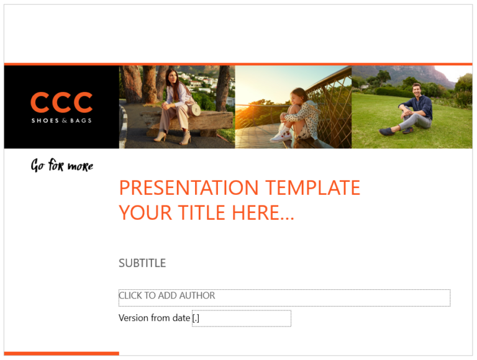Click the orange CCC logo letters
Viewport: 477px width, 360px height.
[x=61, y=103]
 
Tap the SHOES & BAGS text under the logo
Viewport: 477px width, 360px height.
[x=61, y=120]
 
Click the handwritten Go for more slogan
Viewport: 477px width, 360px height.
[x=62, y=166]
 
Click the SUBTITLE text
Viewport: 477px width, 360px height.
[x=142, y=263]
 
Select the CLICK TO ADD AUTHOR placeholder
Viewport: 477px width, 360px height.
[x=167, y=296]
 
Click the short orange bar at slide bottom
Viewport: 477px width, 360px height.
[x=61, y=353]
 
